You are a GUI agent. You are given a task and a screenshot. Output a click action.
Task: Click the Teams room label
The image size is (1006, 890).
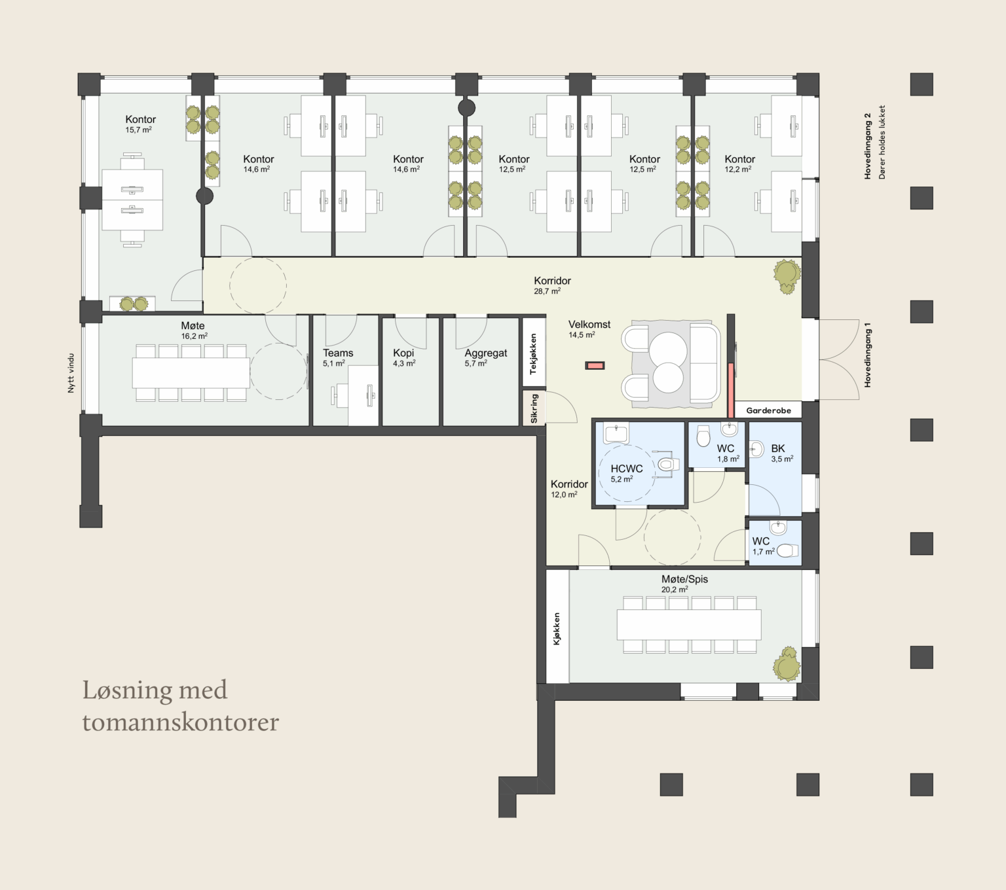[x=338, y=353]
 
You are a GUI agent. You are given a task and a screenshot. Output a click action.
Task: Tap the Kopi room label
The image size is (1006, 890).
[x=403, y=353]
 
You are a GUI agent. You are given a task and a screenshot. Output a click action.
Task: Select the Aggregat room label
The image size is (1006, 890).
[x=485, y=353]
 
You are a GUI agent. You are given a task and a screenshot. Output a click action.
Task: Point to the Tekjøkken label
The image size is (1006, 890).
[x=533, y=354]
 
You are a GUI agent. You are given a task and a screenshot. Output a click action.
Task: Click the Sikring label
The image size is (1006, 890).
[x=534, y=408]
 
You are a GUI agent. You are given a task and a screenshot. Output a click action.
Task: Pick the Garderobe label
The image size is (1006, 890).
[x=768, y=410]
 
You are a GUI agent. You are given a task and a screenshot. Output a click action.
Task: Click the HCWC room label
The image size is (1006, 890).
[x=627, y=469]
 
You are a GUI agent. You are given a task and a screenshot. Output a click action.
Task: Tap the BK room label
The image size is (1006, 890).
[x=778, y=449]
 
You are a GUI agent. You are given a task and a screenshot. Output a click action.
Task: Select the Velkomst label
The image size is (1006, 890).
[x=589, y=325]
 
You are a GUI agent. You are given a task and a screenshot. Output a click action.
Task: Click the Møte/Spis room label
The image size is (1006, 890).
[x=684, y=579]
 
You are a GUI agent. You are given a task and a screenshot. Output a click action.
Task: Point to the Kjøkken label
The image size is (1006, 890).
[x=557, y=628]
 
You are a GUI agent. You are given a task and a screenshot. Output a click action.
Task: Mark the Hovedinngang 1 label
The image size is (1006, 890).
[x=868, y=355]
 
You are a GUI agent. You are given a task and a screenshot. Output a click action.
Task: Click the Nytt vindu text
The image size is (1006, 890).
[x=71, y=373]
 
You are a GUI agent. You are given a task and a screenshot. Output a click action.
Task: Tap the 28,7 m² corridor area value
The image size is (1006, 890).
[x=547, y=291]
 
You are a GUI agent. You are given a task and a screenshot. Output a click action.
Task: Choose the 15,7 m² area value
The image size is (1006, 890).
[x=139, y=130]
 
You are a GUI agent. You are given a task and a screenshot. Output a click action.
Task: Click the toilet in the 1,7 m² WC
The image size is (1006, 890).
[x=787, y=550]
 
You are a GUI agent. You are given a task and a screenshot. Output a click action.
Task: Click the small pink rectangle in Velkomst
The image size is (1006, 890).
[x=594, y=366]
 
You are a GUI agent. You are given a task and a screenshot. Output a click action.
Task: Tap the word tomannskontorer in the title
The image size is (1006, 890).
[x=181, y=722]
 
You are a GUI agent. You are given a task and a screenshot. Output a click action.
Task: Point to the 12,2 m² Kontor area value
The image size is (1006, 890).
[x=738, y=169]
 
